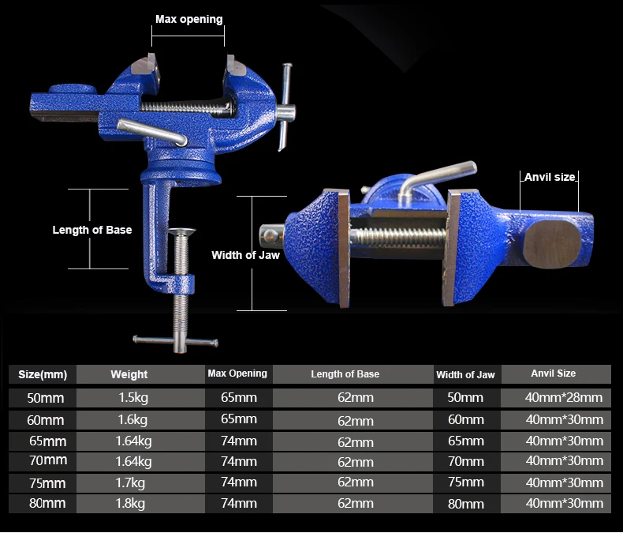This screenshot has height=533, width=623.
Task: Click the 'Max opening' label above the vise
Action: click(x=188, y=19)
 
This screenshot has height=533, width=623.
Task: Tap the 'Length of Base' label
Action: click(x=91, y=230)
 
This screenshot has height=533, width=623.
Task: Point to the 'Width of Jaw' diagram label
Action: click(x=245, y=255)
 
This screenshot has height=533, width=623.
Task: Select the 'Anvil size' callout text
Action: click(x=550, y=177)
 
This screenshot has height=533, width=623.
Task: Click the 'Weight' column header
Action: click(x=129, y=374)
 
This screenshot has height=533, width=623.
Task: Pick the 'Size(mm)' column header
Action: click(x=43, y=374)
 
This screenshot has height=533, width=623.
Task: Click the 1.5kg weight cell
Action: click(x=129, y=398)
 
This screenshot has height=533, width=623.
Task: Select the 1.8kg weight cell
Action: click(x=129, y=503)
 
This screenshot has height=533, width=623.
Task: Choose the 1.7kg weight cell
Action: click(x=129, y=482)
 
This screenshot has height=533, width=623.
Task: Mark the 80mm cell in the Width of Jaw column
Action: click(x=465, y=503)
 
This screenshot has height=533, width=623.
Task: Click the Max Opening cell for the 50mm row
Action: click(x=238, y=397)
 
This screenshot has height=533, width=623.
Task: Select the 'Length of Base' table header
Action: click(x=345, y=374)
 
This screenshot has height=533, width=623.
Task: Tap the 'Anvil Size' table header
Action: click(x=554, y=373)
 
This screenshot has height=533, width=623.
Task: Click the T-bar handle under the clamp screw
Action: click(x=175, y=341)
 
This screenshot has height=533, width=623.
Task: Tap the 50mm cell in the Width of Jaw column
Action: click(x=465, y=398)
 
